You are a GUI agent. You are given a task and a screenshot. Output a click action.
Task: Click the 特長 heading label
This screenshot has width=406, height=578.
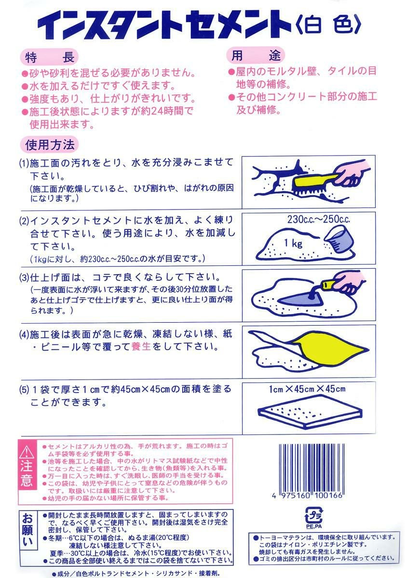(x=49, y=58)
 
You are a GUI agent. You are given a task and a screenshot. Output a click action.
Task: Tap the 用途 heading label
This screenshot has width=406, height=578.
(x=256, y=55)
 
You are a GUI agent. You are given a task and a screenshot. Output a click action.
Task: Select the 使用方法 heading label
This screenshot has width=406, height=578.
(x=49, y=145)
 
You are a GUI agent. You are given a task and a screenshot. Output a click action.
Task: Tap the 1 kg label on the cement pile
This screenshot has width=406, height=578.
(x=293, y=243)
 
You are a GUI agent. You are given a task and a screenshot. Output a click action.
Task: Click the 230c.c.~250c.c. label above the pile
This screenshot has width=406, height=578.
(x=319, y=219)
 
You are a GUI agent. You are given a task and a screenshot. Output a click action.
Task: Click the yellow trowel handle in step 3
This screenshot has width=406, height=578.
(x=329, y=284)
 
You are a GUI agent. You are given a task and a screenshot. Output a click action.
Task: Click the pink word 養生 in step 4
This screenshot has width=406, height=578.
(x=141, y=346)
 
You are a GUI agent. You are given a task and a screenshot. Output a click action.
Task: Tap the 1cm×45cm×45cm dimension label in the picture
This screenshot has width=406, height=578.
(x=307, y=389)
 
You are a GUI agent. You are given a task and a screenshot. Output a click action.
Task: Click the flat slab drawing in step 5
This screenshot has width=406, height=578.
(x=310, y=413)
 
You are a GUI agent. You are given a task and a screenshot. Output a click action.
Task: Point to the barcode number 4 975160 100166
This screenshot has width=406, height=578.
(x=307, y=496)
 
